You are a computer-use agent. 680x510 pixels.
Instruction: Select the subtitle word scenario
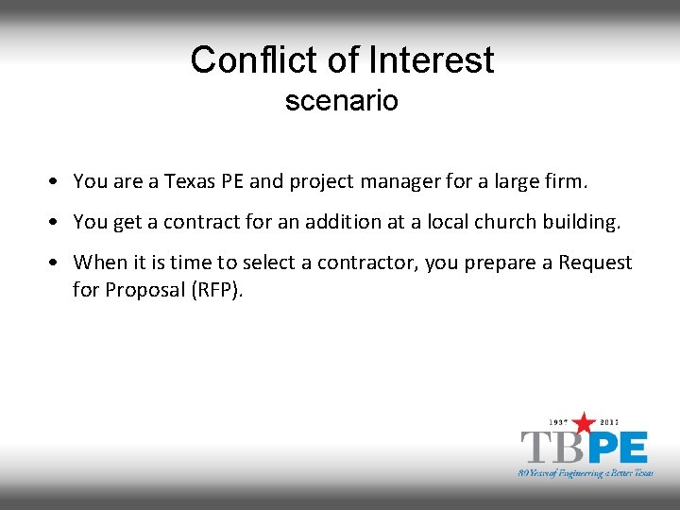click(x=341, y=101)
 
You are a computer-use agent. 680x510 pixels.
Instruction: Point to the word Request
click(x=595, y=263)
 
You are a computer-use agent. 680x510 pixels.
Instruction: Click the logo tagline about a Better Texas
click(x=586, y=471)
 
